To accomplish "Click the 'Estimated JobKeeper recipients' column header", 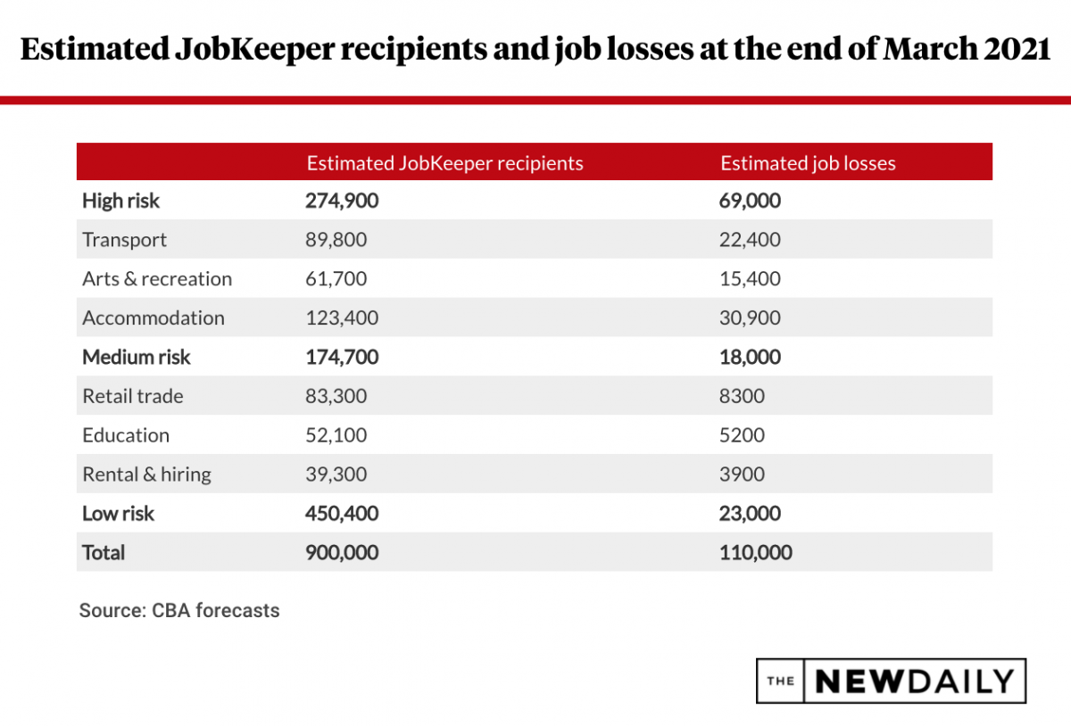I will [444, 163].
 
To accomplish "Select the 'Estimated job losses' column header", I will [808, 163].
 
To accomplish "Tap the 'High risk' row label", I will [120, 201].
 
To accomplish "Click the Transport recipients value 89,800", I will [336, 240].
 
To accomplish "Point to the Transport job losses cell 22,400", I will [750, 240].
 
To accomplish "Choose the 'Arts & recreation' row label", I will [157, 279].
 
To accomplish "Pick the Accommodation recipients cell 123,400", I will [342, 318].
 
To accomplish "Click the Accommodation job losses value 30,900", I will [750, 318].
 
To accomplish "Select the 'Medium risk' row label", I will [137, 358].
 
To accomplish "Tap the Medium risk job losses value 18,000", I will [750, 358].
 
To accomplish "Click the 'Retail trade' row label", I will [133, 396].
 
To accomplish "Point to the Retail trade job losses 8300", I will [742, 396].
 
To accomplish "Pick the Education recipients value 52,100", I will [336, 435].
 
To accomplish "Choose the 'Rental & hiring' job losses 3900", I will [742, 474].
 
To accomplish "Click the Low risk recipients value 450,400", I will [342, 514].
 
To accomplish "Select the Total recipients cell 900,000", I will [342, 553].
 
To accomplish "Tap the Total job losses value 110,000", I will [755, 553].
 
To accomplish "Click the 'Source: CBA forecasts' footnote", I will [179, 611].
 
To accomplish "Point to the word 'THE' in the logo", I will [780, 681].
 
